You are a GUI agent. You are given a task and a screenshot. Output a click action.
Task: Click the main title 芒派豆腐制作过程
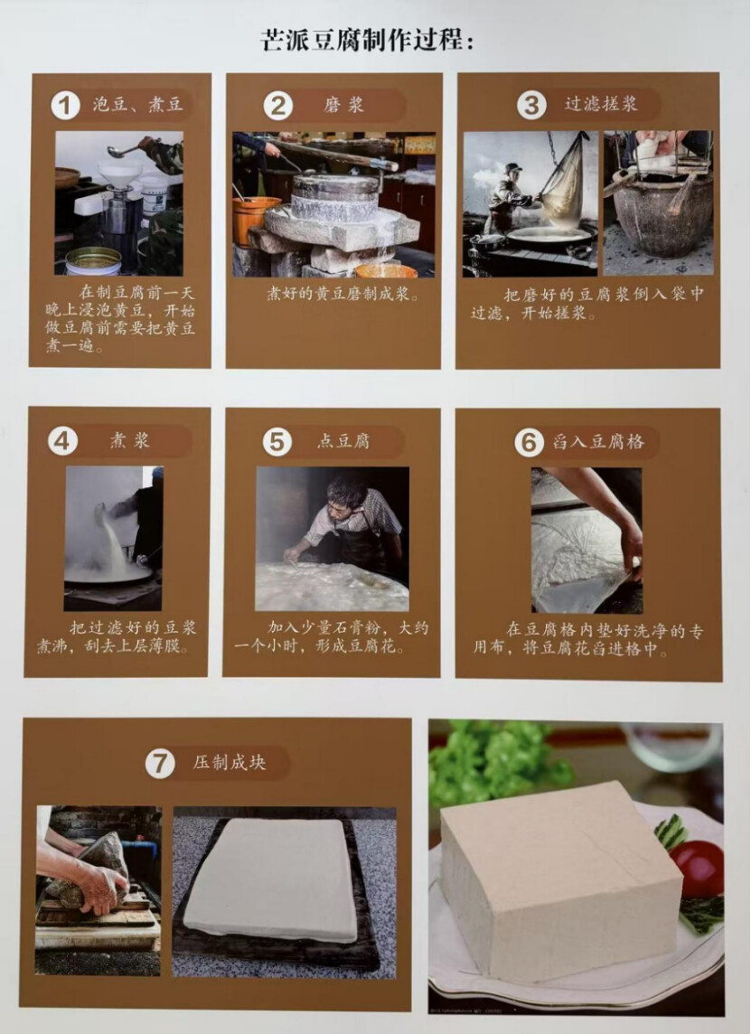[367, 40]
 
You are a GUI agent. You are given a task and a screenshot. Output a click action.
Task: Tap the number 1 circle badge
[65, 106]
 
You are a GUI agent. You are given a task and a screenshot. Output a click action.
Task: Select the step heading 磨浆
[343, 106]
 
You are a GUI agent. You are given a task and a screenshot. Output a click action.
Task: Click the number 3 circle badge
[531, 106]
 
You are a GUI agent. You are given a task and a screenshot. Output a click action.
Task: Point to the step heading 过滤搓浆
[601, 104]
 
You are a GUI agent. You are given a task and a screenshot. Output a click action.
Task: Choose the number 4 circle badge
[62, 440]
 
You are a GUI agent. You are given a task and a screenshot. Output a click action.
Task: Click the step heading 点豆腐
[343, 441]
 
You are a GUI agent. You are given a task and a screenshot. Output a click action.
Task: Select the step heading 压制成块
[230, 763]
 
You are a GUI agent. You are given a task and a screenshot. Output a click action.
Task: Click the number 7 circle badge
[160, 764]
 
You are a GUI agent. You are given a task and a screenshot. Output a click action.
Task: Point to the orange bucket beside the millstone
[255, 221]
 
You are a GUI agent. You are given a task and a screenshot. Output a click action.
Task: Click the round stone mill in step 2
[335, 196]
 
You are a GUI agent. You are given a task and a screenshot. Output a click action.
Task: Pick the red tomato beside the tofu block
[699, 869]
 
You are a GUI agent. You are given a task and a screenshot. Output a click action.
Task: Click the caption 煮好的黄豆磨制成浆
[343, 294]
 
